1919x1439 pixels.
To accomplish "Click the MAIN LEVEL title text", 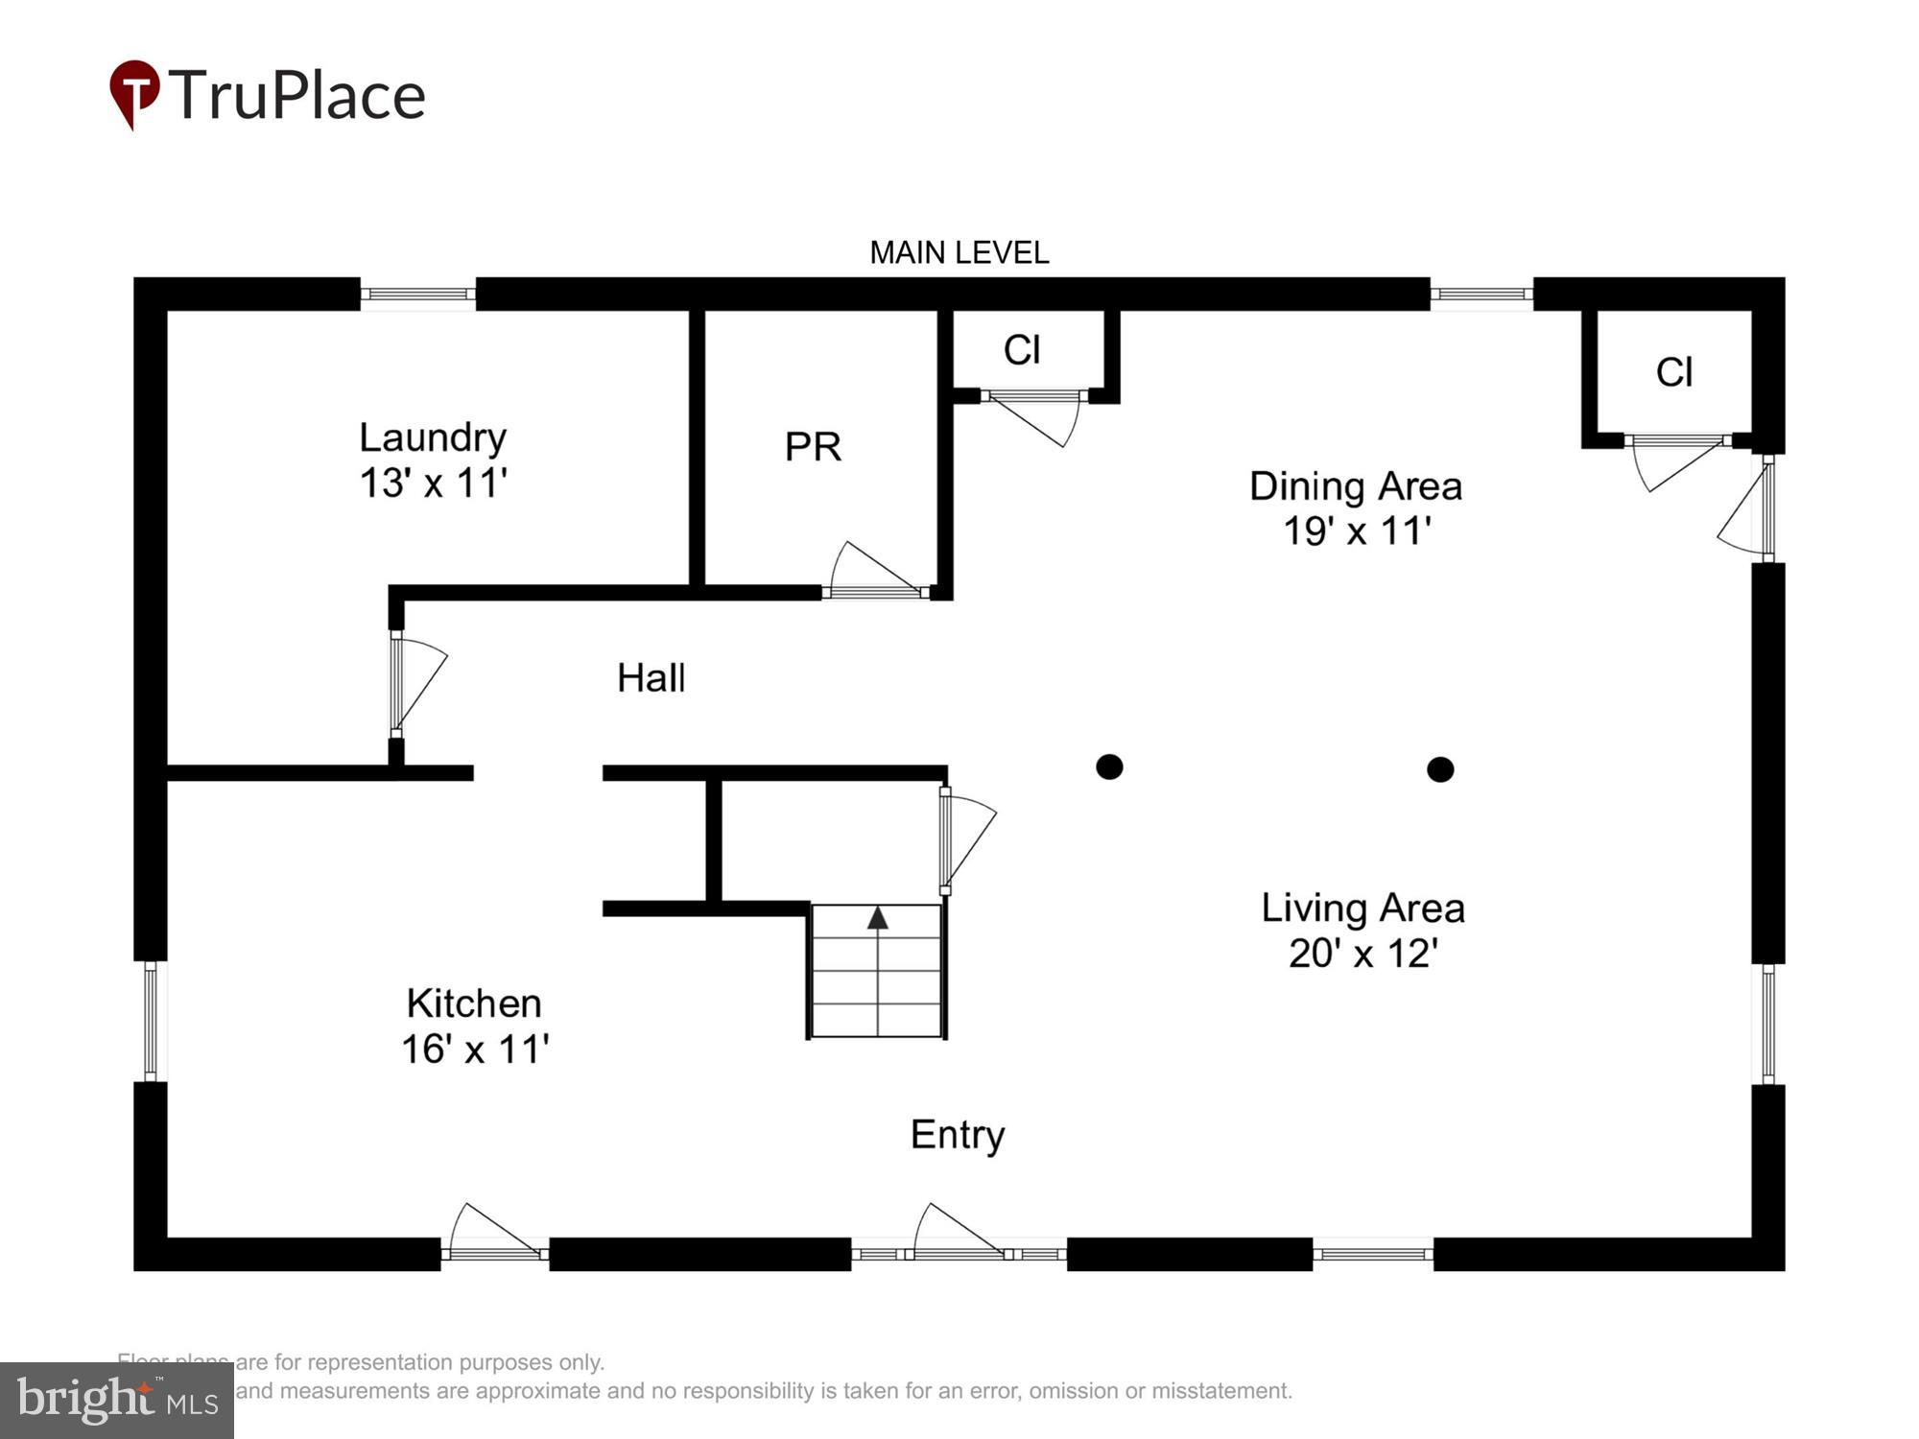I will tap(959, 252).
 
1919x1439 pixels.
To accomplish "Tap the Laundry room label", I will tap(433, 460).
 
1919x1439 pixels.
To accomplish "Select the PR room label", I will tap(813, 446).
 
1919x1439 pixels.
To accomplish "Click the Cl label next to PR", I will tap(1022, 350).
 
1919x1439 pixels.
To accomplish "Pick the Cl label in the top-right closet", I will tap(1674, 372).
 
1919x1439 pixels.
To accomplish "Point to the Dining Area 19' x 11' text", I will tap(1356, 507).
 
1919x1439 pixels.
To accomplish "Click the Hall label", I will tap(651, 678).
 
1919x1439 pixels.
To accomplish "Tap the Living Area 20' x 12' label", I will tap(1362, 930).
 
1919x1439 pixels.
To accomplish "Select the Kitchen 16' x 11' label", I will tap(474, 1026).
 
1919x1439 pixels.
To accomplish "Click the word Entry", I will tap(958, 1135).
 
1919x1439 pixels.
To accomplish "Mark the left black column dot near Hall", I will tap(1109, 767).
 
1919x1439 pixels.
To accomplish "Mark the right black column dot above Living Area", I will tap(1440, 769).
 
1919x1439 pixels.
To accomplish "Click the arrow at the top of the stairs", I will tap(877, 918).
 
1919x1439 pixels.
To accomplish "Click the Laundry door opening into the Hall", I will tap(418, 683).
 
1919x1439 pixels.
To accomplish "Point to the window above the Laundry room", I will tap(417, 294).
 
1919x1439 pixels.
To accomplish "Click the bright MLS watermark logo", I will tap(116, 1400).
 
